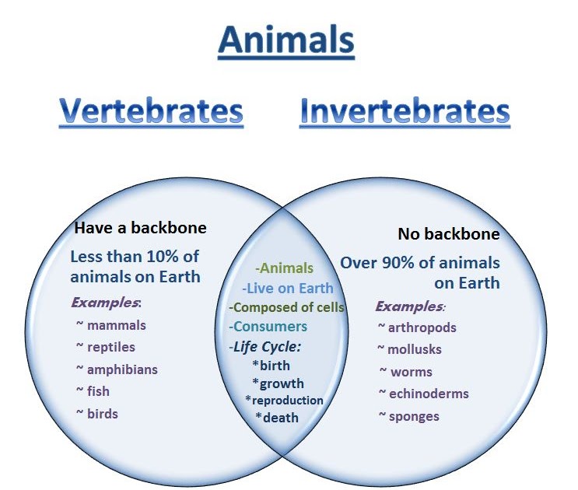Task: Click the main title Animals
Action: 286,40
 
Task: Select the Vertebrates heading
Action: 151,111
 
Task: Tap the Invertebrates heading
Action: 405,111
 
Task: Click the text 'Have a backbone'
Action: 141,228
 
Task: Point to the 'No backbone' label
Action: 449,234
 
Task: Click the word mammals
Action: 116,325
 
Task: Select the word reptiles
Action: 111,347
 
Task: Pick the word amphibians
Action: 122,369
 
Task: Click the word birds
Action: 103,414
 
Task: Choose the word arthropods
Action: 422,327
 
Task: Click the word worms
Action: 412,372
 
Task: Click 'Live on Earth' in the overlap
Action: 289,289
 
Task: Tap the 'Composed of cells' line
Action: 288,307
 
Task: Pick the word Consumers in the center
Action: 270,327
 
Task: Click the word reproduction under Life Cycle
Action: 287,400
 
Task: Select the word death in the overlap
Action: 280,418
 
